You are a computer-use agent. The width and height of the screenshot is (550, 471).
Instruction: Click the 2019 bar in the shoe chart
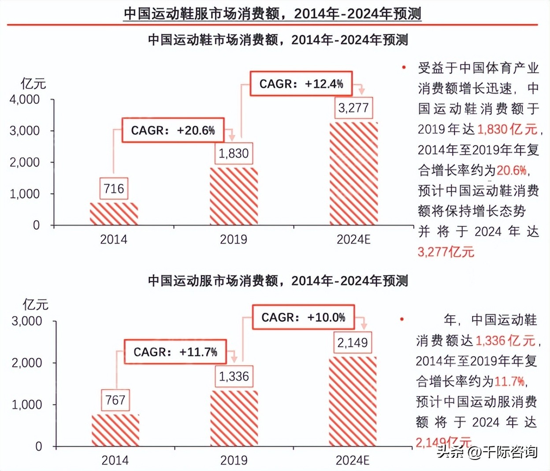[234, 196]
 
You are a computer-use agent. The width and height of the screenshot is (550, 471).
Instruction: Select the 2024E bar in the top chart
[353, 173]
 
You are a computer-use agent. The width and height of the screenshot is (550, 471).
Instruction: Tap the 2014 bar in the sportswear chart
[115, 430]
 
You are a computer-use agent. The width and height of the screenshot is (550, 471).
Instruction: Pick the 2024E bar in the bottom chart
[353, 401]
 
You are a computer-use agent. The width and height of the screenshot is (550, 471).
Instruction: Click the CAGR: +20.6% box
[173, 130]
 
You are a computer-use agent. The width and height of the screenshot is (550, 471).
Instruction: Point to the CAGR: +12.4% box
[301, 84]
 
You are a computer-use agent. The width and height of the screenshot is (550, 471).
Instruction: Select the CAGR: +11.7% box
[175, 352]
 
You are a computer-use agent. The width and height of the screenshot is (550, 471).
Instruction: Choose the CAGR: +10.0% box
[303, 317]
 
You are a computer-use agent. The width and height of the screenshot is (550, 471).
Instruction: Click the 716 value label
[114, 188]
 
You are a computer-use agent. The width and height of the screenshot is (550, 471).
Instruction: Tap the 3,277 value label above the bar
[353, 107]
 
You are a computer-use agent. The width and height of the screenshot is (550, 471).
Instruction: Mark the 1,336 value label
[234, 376]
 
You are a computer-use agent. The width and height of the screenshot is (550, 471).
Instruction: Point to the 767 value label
[115, 400]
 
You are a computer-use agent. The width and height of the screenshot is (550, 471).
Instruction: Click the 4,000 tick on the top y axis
[25, 99]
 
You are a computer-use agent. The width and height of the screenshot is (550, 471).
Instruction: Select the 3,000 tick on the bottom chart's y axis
[27, 321]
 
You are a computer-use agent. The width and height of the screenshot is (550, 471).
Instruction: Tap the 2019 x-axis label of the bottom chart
[234, 460]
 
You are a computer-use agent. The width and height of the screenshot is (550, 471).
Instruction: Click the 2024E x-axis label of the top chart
[353, 239]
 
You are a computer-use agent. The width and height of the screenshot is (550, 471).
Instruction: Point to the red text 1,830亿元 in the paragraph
[507, 129]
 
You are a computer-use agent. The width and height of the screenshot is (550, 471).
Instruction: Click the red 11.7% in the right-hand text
[509, 381]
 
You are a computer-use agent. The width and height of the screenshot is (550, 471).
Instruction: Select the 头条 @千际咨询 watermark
[487, 452]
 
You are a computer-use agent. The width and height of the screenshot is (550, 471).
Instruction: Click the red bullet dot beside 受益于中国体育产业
[404, 67]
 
